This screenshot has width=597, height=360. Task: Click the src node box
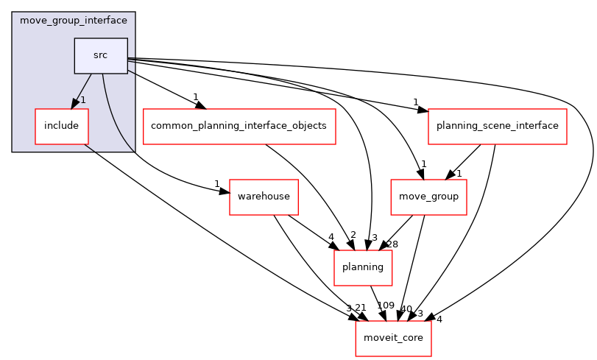(101, 56)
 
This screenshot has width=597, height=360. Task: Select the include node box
(61, 126)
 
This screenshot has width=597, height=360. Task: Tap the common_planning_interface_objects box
(239, 126)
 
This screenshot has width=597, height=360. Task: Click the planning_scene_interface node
(497, 126)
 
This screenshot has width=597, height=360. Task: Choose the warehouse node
(264, 197)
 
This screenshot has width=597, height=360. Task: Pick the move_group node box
(428, 197)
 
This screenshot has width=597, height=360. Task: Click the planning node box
(363, 267)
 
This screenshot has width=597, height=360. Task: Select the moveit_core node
(393, 338)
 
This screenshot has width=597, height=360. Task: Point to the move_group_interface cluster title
(73, 20)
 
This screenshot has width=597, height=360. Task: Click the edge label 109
(386, 306)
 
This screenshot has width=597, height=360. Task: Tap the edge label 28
(392, 244)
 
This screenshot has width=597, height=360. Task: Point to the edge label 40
(406, 308)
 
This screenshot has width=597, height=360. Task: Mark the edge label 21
(360, 308)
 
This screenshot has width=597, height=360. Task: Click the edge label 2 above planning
(353, 235)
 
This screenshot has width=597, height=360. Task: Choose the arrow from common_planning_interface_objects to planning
(317, 184)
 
